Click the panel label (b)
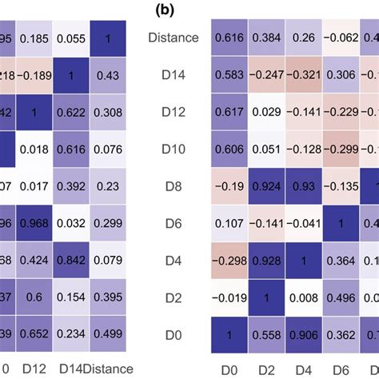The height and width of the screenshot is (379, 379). coord(189,10)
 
